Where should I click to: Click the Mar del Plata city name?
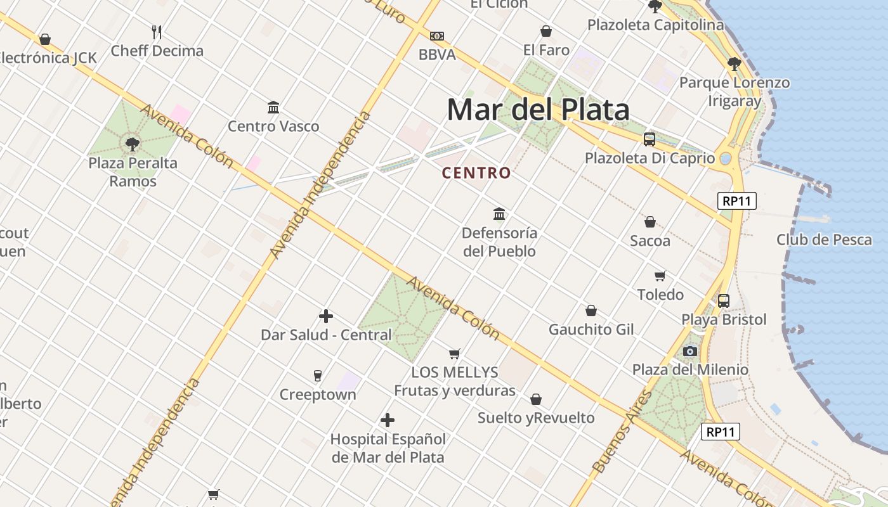pos(538,110)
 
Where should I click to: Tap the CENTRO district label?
pos(476,172)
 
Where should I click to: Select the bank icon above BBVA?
pos(437,36)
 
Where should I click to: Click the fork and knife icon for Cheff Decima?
pos(157,32)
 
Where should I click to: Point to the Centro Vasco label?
pos(273,126)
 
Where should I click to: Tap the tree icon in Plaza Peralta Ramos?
pos(133,144)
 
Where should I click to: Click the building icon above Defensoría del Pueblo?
pos(499,214)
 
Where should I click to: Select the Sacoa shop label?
pos(650,241)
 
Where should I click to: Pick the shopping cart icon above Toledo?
pos(660,276)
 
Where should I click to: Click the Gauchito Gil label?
pos(591,330)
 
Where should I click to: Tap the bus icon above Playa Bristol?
pos(724,300)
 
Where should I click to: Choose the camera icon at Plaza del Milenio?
pos(690,351)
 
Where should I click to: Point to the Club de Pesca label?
pos(824,240)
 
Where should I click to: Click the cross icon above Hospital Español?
pos(388,420)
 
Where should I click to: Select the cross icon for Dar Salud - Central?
pos(326,316)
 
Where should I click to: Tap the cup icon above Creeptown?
pos(318,376)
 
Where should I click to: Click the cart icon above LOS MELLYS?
pos(454,354)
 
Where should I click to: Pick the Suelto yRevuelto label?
pos(536,418)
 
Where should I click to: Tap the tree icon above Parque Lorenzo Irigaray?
pos(735,63)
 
